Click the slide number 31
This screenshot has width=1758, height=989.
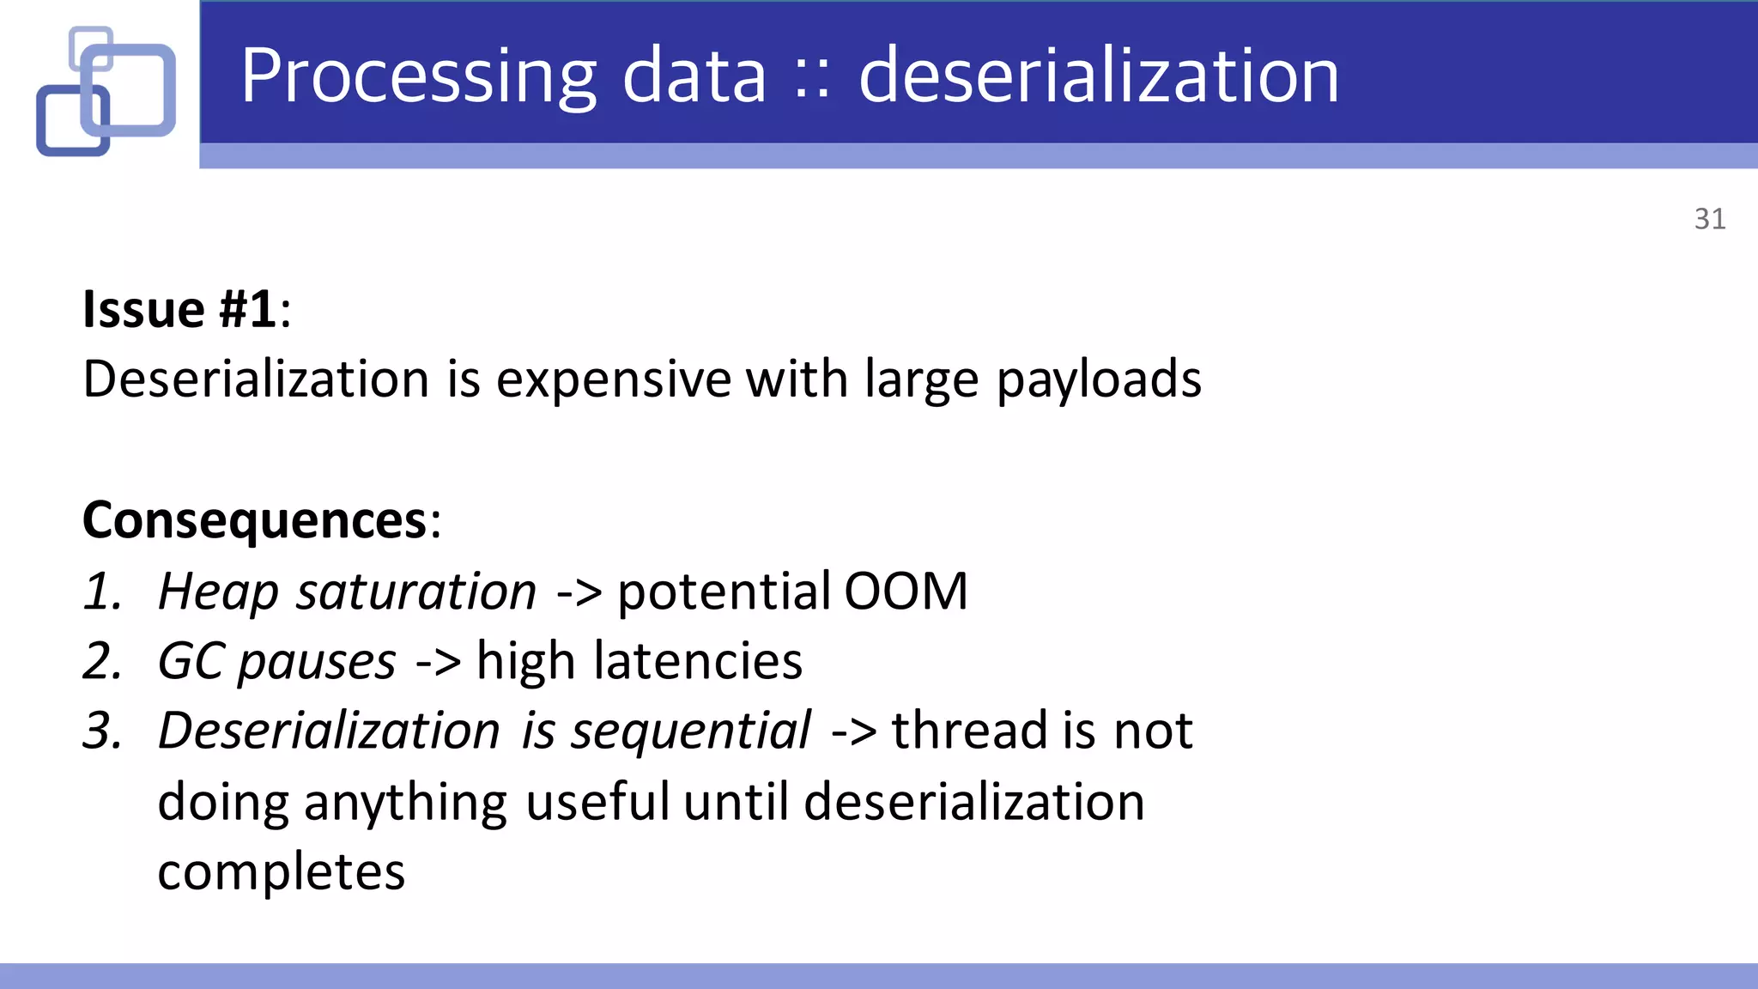tap(1709, 219)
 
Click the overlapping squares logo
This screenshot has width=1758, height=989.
tap(106, 92)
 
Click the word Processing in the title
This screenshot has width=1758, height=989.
tap(418, 77)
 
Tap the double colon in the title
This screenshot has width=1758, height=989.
tap(811, 79)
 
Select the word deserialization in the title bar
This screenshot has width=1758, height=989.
tap(1098, 77)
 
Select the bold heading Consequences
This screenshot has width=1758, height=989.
tap(255, 520)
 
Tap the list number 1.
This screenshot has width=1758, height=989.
tap(102, 592)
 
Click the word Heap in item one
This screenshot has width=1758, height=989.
tap(218, 593)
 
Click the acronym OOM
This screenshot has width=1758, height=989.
tap(906, 592)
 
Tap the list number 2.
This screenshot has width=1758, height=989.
tap(102, 662)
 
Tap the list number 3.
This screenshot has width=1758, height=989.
tap(102, 731)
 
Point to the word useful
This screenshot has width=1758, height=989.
tap(597, 802)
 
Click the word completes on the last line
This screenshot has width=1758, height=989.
tap(281, 873)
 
